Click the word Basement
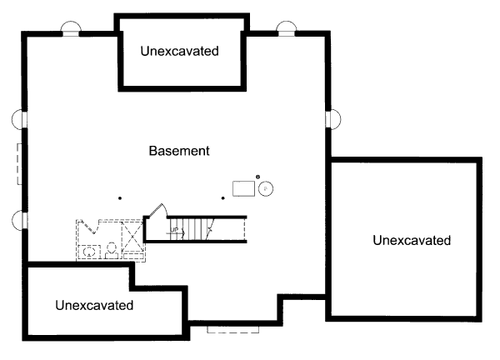179,152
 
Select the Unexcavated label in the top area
180,52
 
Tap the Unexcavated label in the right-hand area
412,241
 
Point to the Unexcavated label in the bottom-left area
94,305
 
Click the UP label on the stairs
175,228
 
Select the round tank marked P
266,189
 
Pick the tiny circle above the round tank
258,176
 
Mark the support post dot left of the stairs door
120,197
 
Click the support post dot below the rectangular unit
222,197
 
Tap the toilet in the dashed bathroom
110,249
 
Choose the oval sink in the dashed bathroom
89,249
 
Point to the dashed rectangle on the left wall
18,163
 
